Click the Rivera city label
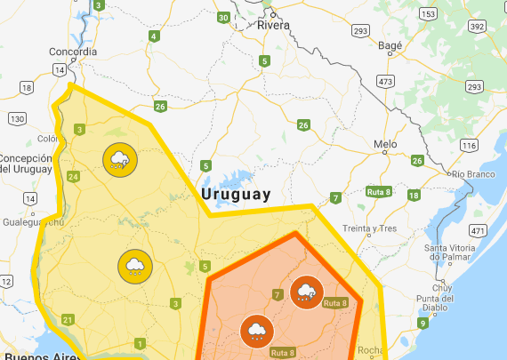tap(274, 26)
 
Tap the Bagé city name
tap(390, 44)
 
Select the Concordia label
tap(73, 52)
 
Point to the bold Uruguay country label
tap(236, 194)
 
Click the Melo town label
tap(385, 144)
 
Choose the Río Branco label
tap(472, 175)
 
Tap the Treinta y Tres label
tap(369, 228)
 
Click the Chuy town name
tap(442, 287)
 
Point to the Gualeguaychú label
tap(29, 222)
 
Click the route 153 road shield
tap(429, 15)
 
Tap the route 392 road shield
tap(477, 27)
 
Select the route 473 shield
tap(385, 82)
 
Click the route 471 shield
tap(479, 231)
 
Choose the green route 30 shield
tap(222, 18)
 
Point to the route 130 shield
tap(17, 118)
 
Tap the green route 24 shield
tap(73, 177)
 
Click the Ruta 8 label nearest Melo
tap(379, 192)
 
